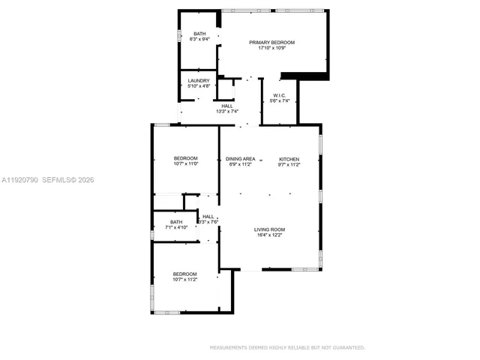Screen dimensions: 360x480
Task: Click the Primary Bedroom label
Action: pyautogui.click(x=271, y=43)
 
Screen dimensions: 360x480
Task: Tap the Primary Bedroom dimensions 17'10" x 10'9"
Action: pyautogui.click(x=271, y=49)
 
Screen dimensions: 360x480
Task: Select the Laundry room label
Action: pyautogui.click(x=199, y=80)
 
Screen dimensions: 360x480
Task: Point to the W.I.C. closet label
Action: pyautogui.click(x=280, y=95)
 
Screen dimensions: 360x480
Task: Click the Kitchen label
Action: pyautogui.click(x=289, y=158)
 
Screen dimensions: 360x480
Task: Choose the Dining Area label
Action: pyautogui.click(x=241, y=158)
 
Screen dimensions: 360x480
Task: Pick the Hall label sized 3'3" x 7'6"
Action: pyautogui.click(x=208, y=217)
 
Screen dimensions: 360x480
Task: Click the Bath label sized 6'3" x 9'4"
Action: pyautogui.click(x=199, y=34)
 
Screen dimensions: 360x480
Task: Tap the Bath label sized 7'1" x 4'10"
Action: pyautogui.click(x=175, y=221)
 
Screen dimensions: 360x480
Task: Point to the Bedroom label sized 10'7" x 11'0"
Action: pyautogui.click(x=185, y=157)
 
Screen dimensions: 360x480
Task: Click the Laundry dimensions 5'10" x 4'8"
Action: pyautogui.click(x=199, y=86)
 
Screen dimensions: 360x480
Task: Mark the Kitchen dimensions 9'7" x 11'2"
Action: pyautogui.click(x=289, y=164)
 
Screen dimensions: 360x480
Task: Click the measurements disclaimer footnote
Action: pyautogui.click(x=287, y=348)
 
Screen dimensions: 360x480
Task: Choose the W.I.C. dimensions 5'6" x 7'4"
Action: pyautogui.click(x=280, y=101)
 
